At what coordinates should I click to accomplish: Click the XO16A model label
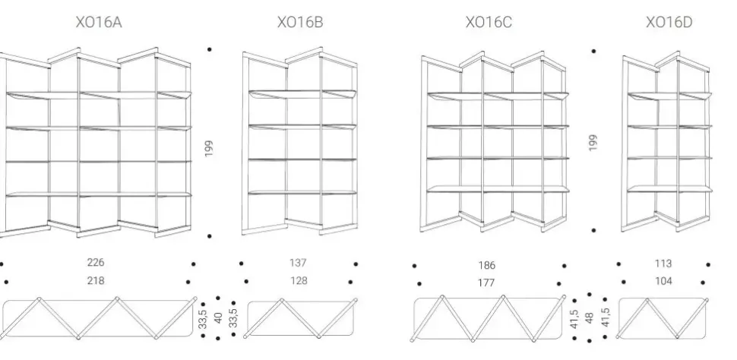(99, 24)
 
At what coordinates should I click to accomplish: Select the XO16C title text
(489, 24)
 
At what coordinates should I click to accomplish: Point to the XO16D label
(669, 24)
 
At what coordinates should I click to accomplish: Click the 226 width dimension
(96, 263)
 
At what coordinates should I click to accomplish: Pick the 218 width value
(96, 280)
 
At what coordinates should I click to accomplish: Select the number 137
(297, 264)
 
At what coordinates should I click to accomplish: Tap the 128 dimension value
(297, 281)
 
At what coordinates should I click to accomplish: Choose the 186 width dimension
(487, 266)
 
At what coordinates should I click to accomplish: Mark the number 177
(487, 283)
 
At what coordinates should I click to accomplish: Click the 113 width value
(663, 264)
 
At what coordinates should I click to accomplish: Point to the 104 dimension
(663, 281)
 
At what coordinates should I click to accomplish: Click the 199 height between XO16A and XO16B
(209, 147)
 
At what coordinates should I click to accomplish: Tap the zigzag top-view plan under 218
(99, 317)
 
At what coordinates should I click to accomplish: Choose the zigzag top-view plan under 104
(663, 317)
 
